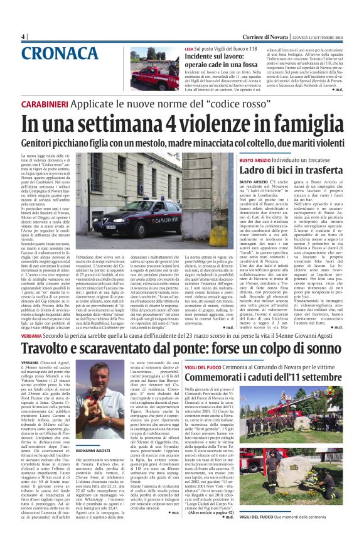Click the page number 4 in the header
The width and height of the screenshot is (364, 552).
pos(24,36)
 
